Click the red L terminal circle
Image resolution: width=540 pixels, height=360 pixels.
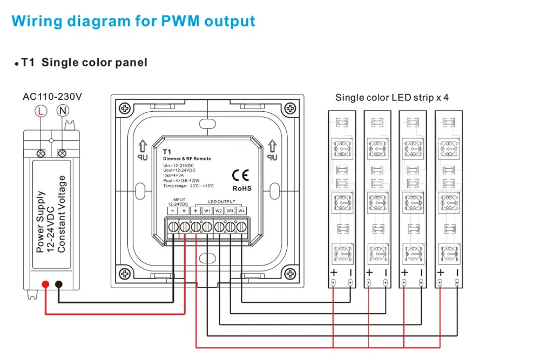(x=40, y=111)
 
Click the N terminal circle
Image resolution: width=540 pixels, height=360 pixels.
(x=63, y=111)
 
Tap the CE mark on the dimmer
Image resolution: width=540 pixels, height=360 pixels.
(x=240, y=175)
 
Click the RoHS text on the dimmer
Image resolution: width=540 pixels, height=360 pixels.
(x=242, y=188)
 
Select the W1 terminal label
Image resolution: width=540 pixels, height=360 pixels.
(x=207, y=210)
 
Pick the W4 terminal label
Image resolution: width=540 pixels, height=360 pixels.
(x=241, y=210)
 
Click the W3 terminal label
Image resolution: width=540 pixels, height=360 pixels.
(x=230, y=210)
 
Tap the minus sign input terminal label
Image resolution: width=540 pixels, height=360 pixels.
(x=173, y=210)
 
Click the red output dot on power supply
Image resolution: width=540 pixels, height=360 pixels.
(x=45, y=284)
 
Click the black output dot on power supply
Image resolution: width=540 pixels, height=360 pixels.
(x=59, y=284)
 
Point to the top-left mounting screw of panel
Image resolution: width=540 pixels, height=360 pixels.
(x=125, y=109)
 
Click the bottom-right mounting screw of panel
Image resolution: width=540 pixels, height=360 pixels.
(x=290, y=274)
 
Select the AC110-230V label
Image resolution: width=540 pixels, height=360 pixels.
(x=52, y=97)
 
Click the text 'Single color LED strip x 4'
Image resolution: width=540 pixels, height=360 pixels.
(x=392, y=98)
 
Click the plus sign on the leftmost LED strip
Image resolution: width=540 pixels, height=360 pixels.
(x=334, y=273)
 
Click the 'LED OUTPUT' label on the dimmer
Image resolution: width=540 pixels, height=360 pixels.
(x=221, y=202)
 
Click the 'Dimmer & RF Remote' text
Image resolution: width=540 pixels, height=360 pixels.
(x=187, y=159)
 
